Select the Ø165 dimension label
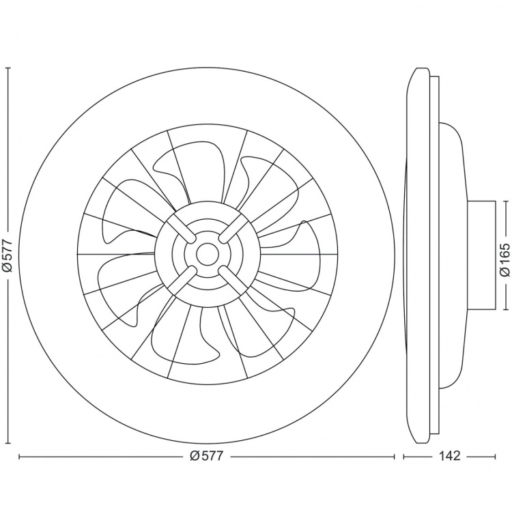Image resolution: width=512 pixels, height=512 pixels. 504,255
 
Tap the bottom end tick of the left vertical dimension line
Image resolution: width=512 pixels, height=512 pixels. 8,442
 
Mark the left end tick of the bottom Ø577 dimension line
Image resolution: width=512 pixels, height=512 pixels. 18,456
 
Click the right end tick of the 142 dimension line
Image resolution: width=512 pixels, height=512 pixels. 495,456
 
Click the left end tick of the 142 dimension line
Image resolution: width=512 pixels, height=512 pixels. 403,456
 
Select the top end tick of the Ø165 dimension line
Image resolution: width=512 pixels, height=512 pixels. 504,201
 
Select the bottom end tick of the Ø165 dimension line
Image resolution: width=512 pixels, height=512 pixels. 504,309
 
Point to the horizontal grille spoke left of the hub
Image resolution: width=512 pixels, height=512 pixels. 116,255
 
